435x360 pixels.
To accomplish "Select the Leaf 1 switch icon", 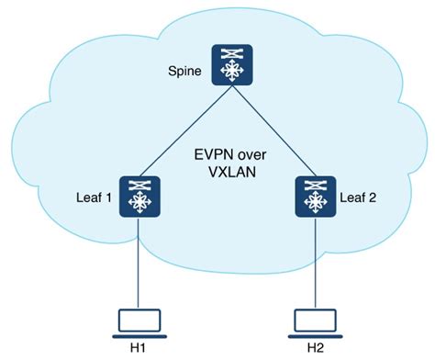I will (x=140, y=198).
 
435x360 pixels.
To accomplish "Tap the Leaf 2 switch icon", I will (x=315, y=198).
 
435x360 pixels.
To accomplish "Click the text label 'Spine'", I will (x=185, y=70).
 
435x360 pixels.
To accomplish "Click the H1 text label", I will (x=140, y=348).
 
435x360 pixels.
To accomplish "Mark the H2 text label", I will (x=315, y=348).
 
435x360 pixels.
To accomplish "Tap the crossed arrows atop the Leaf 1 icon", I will (x=140, y=185).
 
